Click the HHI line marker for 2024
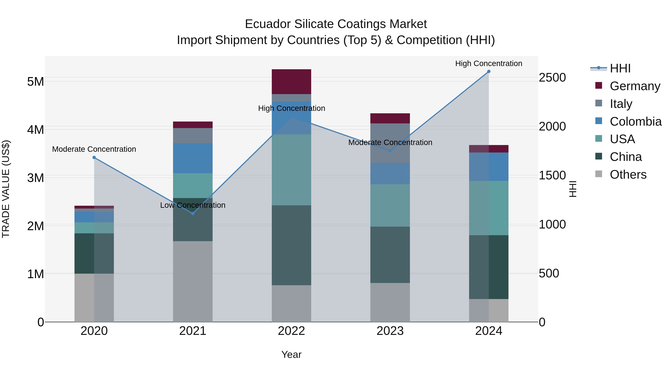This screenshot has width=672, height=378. point(489,71)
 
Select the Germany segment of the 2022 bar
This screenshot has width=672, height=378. point(291,82)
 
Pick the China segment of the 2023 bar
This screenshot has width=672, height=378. point(390,255)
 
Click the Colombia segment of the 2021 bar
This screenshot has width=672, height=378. point(193,158)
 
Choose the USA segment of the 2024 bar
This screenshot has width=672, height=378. point(489,208)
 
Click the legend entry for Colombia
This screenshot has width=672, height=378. point(635,122)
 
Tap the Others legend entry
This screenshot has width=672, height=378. point(628,175)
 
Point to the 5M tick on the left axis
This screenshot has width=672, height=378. point(35,82)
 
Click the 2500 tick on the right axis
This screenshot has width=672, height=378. point(552,77)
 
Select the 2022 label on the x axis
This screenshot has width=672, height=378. point(291,331)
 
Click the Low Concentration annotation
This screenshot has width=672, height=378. point(193,205)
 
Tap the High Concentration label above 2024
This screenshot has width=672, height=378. point(489,64)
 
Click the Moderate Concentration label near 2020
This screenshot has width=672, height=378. point(94,149)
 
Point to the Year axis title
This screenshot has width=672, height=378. point(291,354)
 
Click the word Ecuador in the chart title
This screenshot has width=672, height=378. point(267,24)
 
